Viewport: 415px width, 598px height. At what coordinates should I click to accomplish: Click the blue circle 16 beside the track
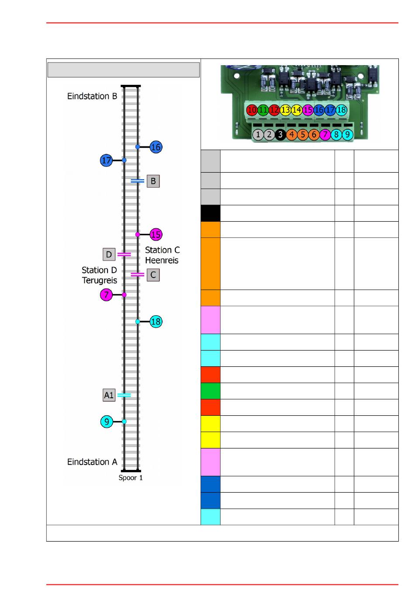click(156, 147)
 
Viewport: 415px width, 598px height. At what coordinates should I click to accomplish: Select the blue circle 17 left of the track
click(106, 160)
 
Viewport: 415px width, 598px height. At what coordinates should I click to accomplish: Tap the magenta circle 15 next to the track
click(156, 235)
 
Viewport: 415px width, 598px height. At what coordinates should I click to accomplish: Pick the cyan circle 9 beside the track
click(107, 421)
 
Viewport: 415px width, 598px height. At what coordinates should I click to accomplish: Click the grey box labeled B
click(153, 181)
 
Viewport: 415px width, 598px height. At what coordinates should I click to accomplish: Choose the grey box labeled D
click(109, 254)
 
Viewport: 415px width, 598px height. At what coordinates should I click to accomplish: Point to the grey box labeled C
click(153, 275)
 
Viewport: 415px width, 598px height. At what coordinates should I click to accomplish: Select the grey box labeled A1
click(109, 395)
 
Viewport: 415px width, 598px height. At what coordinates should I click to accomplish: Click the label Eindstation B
click(92, 96)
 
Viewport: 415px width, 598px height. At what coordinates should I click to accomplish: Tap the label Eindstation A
click(92, 462)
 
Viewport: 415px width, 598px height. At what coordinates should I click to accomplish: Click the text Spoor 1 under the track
click(131, 478)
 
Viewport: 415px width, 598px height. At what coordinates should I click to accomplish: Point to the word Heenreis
click(162, 260)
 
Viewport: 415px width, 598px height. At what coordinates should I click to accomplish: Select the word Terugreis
click(100, 281)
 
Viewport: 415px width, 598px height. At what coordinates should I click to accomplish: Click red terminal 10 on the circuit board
click(252, 110)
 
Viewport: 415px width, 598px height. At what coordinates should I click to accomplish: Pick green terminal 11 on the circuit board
click(263, 110)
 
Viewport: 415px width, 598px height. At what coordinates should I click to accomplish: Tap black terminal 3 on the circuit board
click(280, 134)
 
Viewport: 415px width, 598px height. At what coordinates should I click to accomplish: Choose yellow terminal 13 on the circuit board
click(285, 110)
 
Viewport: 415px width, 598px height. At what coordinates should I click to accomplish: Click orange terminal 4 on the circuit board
click(291, 134)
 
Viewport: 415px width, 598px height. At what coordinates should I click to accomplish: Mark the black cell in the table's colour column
click(211, 213)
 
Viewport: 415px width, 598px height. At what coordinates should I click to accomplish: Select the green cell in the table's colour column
click(211, 391)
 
